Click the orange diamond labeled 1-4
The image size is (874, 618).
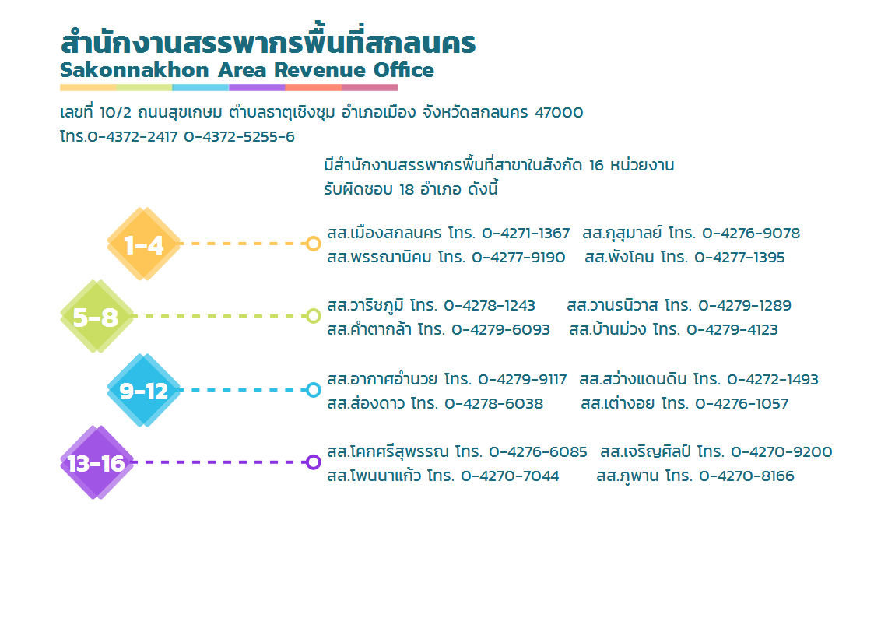pyautogui.click(x=144, y=244)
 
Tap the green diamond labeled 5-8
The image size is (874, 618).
pyautogui.click(x=97, y=316)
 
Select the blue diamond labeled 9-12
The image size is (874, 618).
pyautogui.click(x=144, y=390)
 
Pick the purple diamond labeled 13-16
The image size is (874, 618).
pyautogui.click(x=97, y=462)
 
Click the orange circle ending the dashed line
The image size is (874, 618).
pyautogui.click(x=314, y=244)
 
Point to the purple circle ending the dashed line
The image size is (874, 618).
pyautogui.click(x=314, y=462)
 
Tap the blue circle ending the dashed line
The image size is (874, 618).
pyautogui.click(x=314, y=389)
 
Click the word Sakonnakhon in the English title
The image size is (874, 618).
pyautogui.click(x=135, y=70)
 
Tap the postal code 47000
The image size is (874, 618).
pyautogui.click(x=559, y=113)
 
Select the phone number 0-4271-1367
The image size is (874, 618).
pyautogui.click(x=525, y=233)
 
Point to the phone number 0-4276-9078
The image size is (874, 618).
pyautogui.click(x=751, y=233)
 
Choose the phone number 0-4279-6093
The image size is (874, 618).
pyautogui.click(x=500, y=330)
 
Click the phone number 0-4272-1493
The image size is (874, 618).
pyautogui.click(x=773, y=380)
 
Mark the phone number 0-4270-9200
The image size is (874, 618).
pyautogui.click(x=781, y=452)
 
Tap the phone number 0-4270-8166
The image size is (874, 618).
pyautogui.click(x=746, y=476)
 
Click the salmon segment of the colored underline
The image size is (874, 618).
pyautogui.click(x=314, y=87)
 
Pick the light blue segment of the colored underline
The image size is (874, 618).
pyautogui.click(x=201, y=87)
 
